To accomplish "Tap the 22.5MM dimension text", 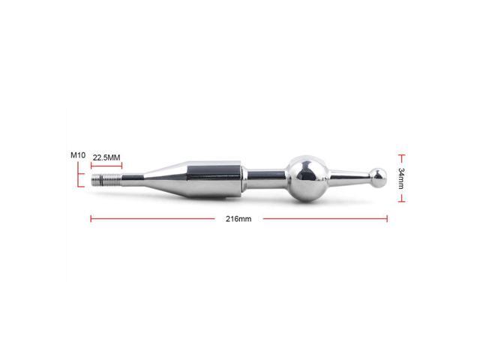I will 107,158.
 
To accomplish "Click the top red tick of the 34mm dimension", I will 402,157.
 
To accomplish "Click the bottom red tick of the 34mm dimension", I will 402,200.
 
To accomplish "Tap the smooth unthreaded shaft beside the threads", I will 127,180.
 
